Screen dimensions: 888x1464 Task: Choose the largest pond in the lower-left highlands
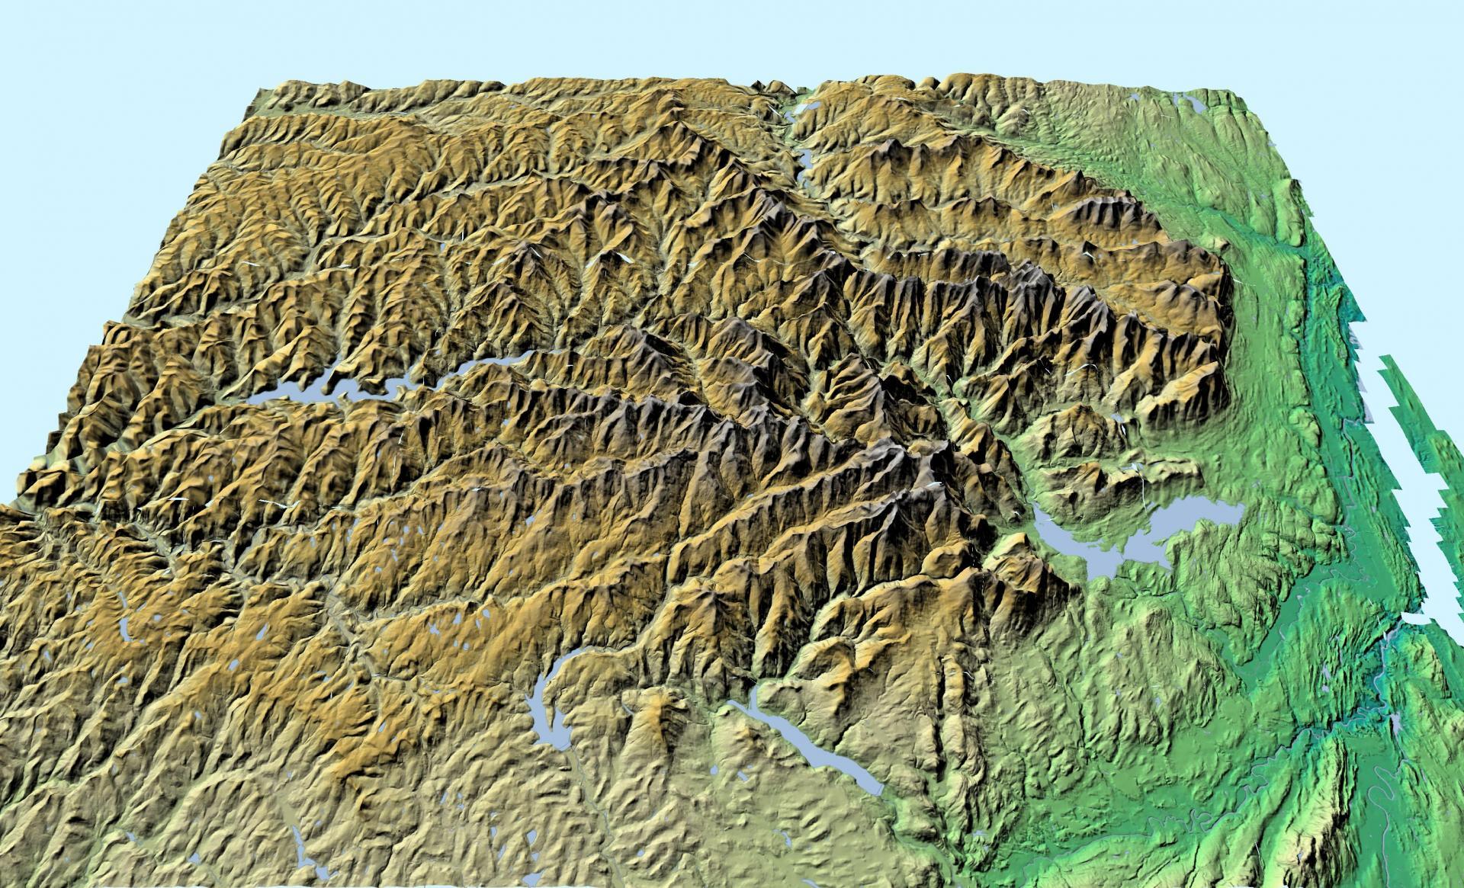[122, 629]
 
